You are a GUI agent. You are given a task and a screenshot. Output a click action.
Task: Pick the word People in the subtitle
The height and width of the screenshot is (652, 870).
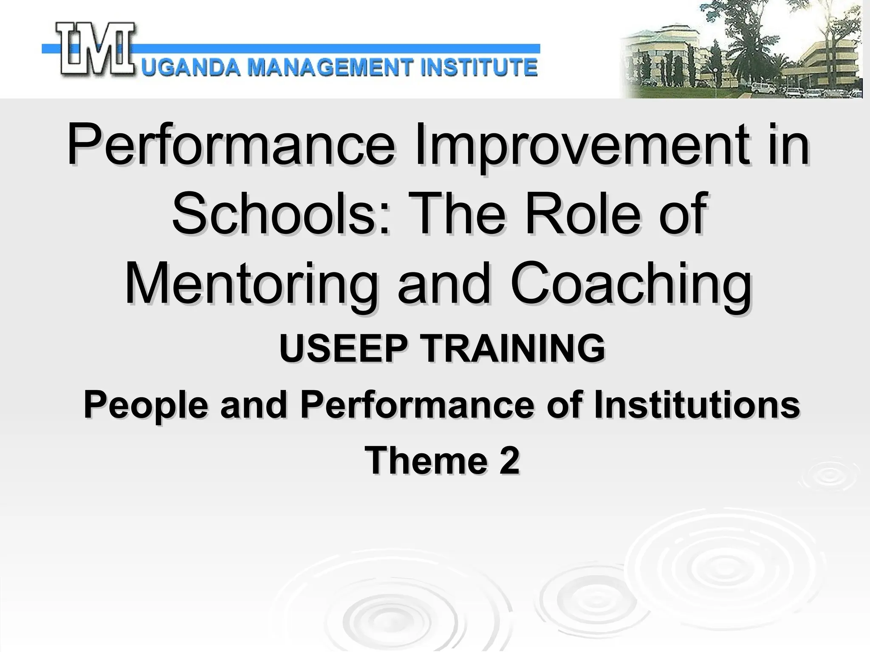(x=146, y=405)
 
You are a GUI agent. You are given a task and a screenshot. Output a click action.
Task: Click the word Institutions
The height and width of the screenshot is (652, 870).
(x=697, y=405)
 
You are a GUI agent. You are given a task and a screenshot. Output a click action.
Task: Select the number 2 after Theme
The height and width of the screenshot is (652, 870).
(x=510, y=461)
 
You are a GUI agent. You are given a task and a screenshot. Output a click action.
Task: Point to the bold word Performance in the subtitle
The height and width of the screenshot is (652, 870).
(x=416, y=405)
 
